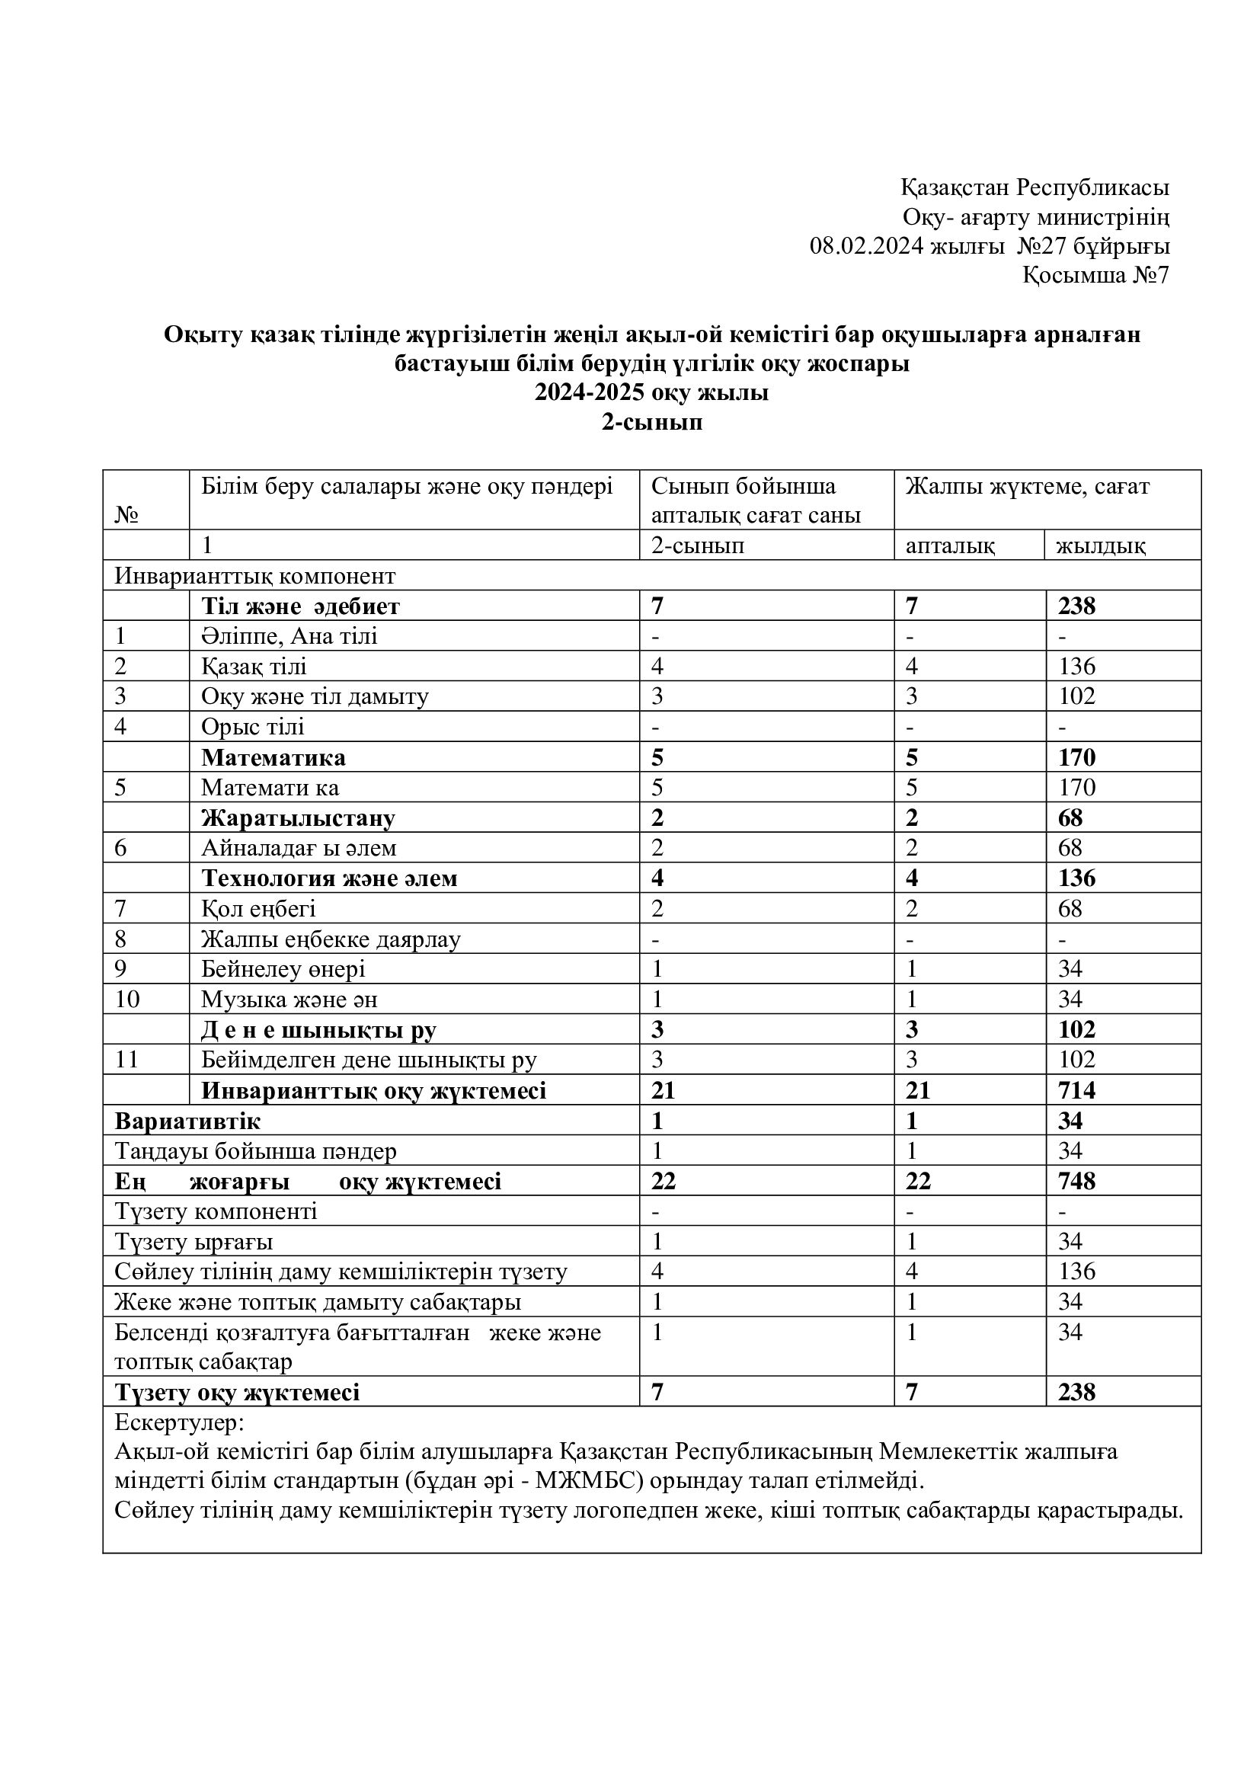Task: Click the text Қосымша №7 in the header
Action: coord(1095,276)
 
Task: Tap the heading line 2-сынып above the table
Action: coord(652,422)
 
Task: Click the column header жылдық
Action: coord(1101,545)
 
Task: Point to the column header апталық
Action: coord(950,545)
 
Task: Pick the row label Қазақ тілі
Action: coord(254,666)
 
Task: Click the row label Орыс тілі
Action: coord(253,727)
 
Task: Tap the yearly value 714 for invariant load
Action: coord(1076,1090)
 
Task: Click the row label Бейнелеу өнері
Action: coord(283,968)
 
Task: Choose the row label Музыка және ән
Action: coord(289,999)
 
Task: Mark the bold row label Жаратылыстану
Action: coord(298,818)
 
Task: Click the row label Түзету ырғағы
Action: coord(194,1242)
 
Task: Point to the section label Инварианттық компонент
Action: coord(255,576)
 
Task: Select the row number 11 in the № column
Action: coord(126,1060)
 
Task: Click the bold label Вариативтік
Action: coord(187,1121)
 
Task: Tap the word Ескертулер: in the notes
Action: coord(179,1422)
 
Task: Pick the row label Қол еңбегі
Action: coord(258,908)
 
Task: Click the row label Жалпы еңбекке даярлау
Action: coord(331,939)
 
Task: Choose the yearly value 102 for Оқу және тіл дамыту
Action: coord(1076,696)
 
